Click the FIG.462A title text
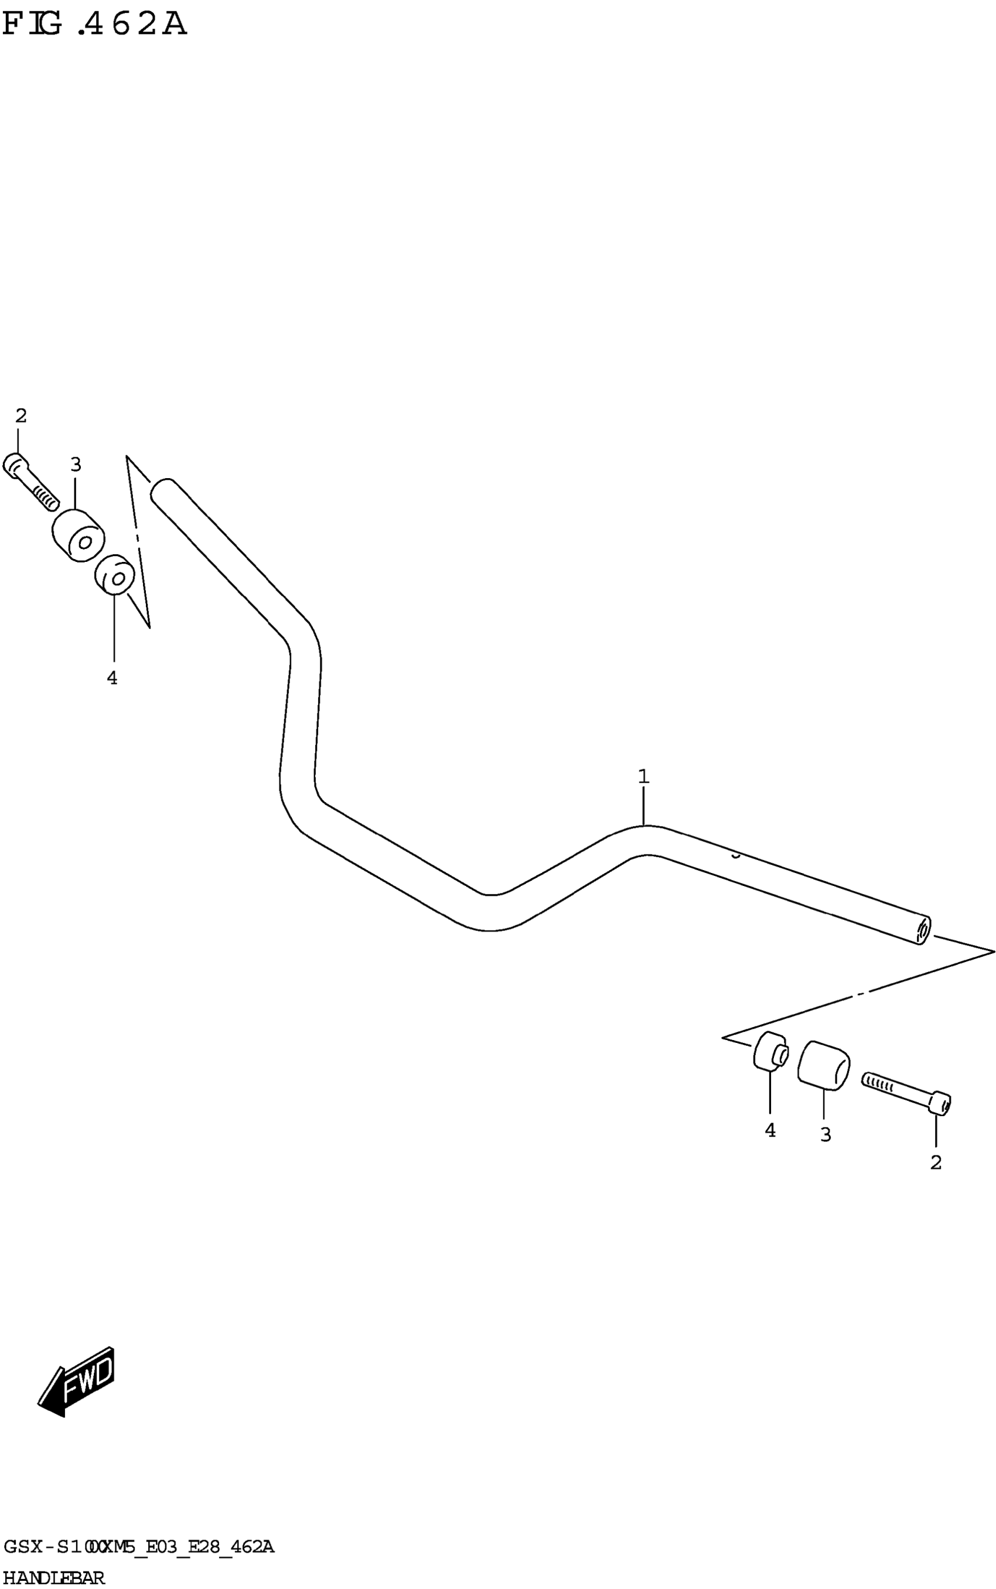[94, 25]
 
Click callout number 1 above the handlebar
[643, 776]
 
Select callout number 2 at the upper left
[21, 415]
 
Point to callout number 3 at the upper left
[76, 465]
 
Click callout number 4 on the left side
[112, 677]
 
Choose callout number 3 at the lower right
[826, 1135]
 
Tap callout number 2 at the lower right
[936, 1163]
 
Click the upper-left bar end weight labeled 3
[78, 536]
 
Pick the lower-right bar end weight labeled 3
[823, 1065]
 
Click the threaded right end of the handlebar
[922, 931]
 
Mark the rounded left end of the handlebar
[161, 491]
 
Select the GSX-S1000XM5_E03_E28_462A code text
[138, 1546]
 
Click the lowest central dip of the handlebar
[491, 912]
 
